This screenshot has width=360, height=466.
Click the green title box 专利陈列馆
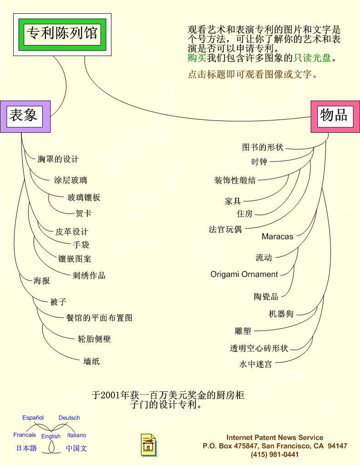tap(62, 35)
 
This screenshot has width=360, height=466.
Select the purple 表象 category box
tap(25, 116)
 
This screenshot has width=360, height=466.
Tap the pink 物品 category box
tap(335, 116)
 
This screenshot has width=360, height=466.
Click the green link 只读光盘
tap(312, 58)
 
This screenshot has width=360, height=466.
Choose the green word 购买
tap(197, 58)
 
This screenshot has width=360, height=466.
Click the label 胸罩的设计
tap(58, 159)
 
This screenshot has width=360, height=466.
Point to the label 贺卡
tap(84, 213)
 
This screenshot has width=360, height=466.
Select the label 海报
tap(41, 281)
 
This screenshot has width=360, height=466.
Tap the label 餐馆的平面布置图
tap(99, 318)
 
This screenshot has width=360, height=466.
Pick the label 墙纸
tap(91, 361)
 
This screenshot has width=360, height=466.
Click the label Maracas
tap(277, 236)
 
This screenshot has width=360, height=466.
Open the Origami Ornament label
tap(244, 274)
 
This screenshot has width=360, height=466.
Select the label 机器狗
tap(281, 314)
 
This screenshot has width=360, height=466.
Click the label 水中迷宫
tap(256, 364)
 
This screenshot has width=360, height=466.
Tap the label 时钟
tap(259, 162)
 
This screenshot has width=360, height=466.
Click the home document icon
tap(149, 445)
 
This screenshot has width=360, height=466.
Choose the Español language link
tap(33, 417)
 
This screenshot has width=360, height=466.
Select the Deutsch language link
tap(69, 417)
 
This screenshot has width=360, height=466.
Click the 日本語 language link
tap(26, 448)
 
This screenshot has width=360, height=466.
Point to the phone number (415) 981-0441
tap(275, 455)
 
